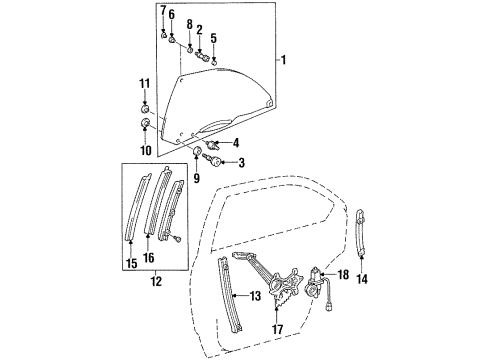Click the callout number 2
(199, 29)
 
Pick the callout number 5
(213, 37)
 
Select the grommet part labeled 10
(146, 124)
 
